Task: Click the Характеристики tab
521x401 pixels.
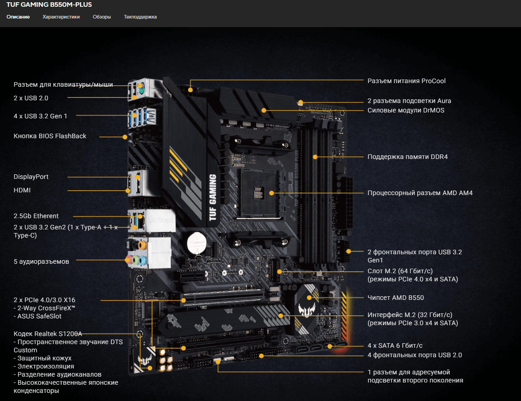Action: click(61, 17)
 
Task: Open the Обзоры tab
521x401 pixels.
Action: click(102, 17)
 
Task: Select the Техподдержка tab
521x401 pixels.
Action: click(140, 17)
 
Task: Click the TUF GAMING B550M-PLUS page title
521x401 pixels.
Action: click(49, 5)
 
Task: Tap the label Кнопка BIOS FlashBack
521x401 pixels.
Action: click(50, 136)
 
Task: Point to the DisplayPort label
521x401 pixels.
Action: click(31, 177)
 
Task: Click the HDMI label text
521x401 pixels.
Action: click(22, 191)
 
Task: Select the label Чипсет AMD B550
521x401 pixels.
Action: click(396, 298)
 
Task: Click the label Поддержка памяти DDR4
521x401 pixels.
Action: click(408, 157)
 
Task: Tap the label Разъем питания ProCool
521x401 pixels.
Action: click(406, 81)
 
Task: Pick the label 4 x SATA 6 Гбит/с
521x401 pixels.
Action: click(395, 345)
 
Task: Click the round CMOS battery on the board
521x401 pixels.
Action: click(196, 243)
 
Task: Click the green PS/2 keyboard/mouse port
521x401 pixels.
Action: click(140, 86)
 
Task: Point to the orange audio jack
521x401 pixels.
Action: click(142, 246)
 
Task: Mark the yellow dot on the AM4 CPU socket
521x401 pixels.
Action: click(271, 193)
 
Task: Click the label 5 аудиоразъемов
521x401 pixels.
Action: click(41, 262)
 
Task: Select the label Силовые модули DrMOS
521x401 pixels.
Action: click(406, 110)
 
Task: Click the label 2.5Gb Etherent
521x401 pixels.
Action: click(36, 216)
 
